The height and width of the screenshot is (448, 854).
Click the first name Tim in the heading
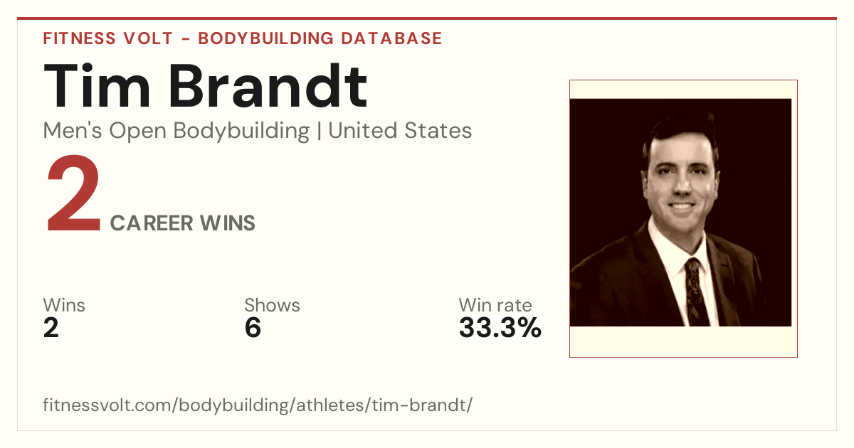click(x=97, y=86)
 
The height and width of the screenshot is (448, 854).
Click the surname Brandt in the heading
click(x=268, y=86)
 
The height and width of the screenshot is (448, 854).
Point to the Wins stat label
click(x=64, y=305)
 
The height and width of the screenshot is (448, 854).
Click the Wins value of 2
click(x=51, y=328)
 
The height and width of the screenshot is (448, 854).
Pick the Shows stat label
click(x=272, y=305)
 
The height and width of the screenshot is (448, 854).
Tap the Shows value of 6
click(x=253, y=328)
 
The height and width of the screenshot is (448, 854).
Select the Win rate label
click(x=495, y=305)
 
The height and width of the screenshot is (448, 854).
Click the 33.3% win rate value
click(x=500, y=328)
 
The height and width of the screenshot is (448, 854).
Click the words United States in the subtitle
click(x=400, y=131)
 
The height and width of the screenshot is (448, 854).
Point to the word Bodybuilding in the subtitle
click(x=241, y=132)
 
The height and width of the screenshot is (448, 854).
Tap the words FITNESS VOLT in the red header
click(x=108, y=38)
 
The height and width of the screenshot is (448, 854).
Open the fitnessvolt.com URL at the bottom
click(x=258, y=405)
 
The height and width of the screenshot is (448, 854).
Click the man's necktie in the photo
click(x=696, y=292)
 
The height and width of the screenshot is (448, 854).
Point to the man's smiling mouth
click(x=682, y=207)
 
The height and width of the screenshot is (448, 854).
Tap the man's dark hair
click(x=680, y=132)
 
